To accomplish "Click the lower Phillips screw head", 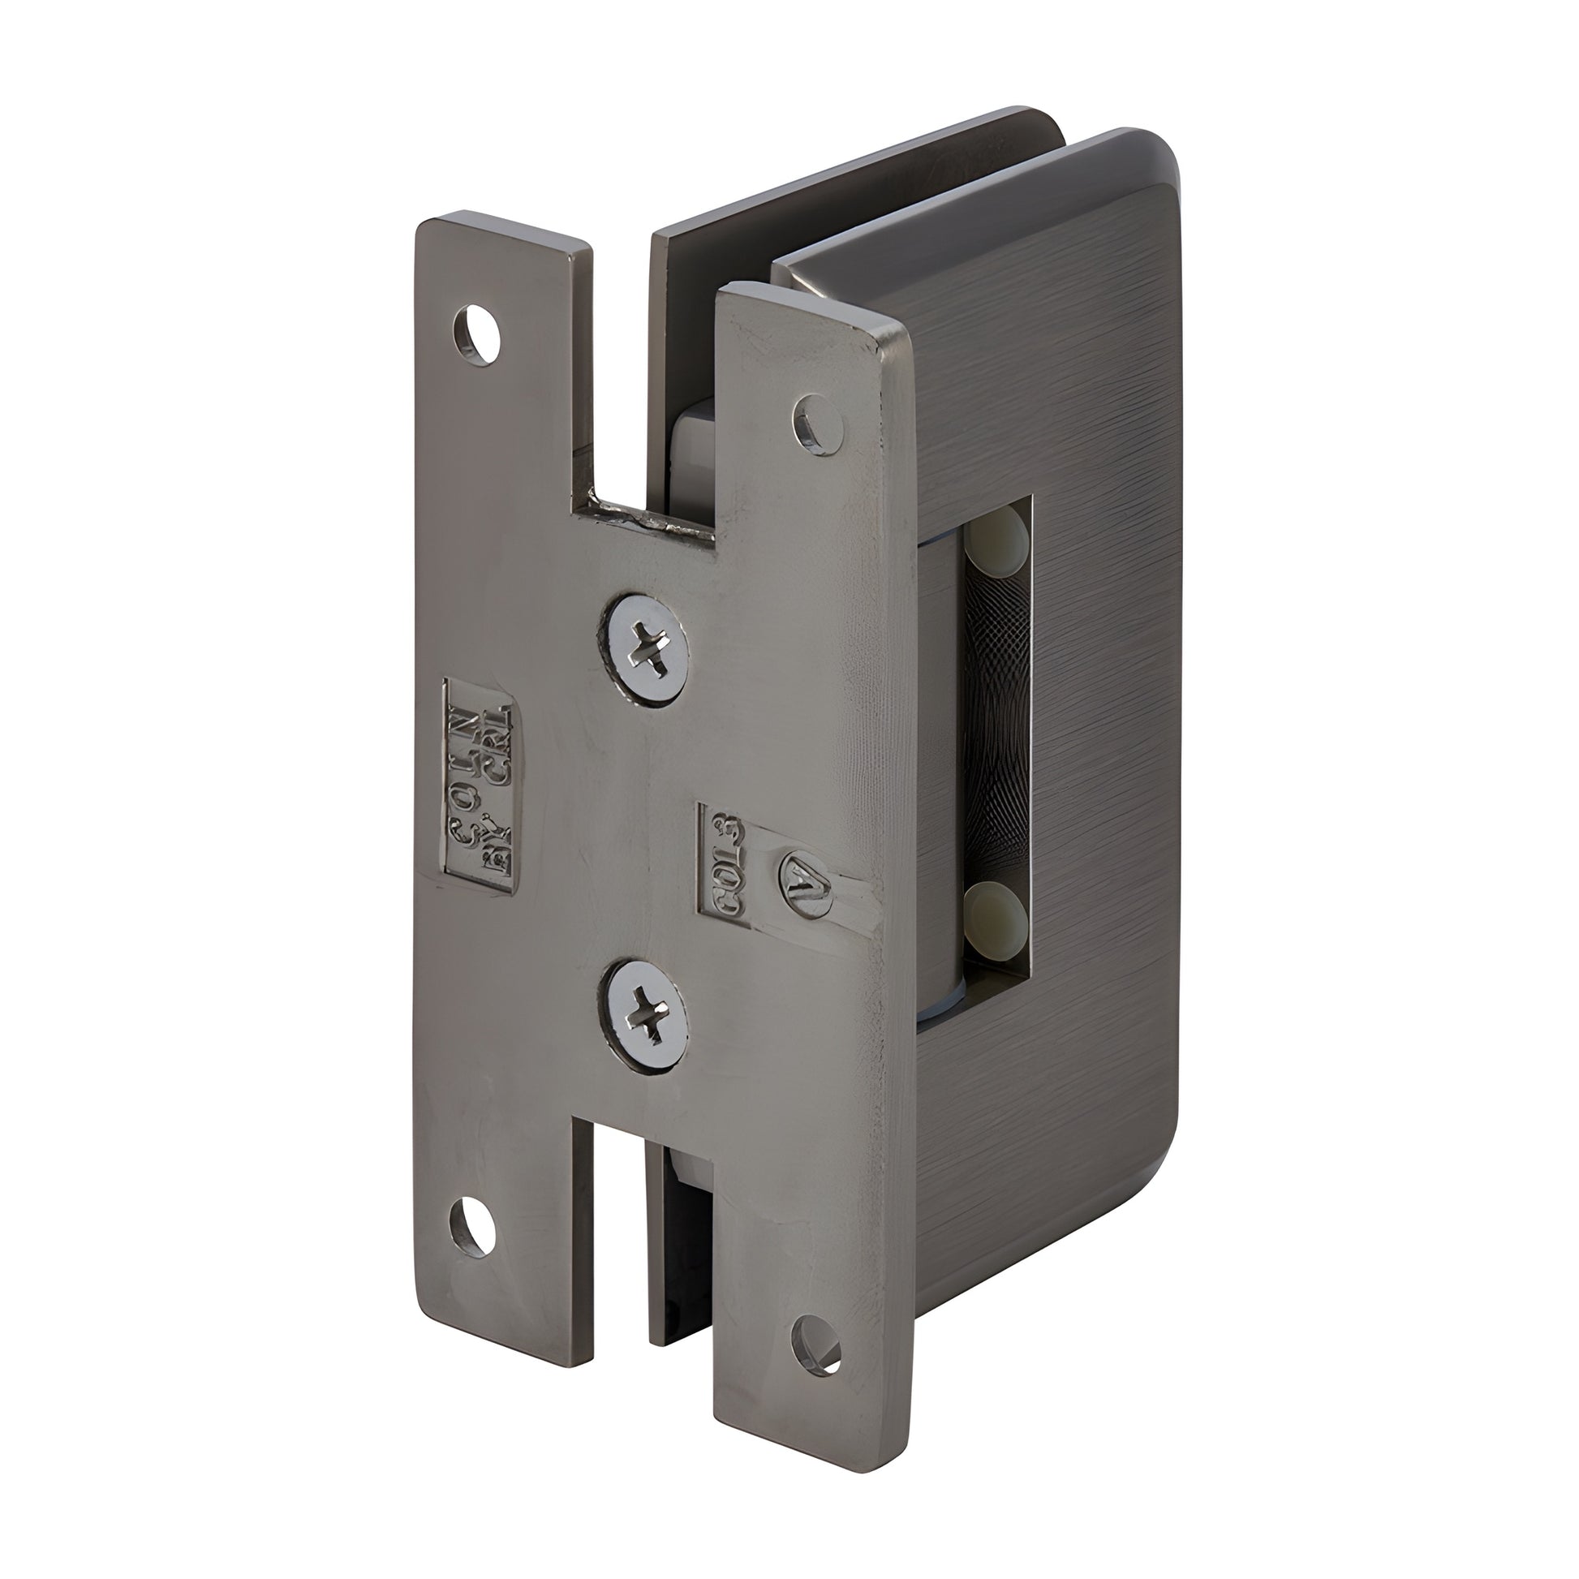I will [645, 1019].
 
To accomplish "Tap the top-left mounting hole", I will [476, 333].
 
